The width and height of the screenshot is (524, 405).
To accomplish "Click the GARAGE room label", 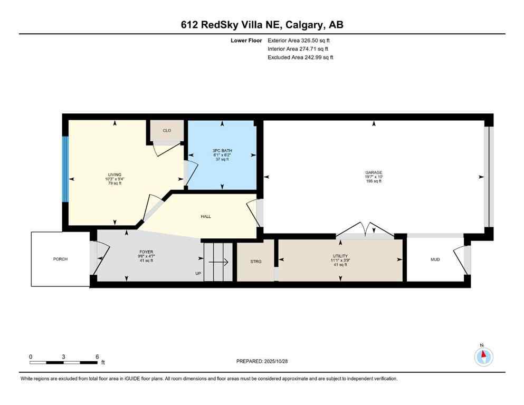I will point(374,172).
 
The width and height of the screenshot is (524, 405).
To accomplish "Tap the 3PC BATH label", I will point(222,151).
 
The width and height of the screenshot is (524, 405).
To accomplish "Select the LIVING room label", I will point(115,175).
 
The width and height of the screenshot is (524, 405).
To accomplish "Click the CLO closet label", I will point(167,130).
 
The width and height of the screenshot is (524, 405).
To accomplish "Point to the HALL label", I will point(206,216).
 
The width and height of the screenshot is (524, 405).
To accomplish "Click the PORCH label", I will point(60,259).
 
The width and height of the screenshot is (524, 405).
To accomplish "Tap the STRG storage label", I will point(255,261).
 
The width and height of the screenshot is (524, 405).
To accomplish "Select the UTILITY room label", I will point(340,256).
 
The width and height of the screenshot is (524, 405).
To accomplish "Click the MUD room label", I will point(435,259).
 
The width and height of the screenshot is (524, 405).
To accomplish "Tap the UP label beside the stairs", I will point(198,273).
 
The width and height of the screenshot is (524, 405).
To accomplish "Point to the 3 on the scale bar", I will point(63,356).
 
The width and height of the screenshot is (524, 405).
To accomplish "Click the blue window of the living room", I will point(65,169).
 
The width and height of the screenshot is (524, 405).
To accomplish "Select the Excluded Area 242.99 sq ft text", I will point(300,57).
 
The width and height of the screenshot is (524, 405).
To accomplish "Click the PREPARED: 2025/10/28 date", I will point(262,361).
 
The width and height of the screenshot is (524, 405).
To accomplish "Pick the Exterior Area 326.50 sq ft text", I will point(299,40).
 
